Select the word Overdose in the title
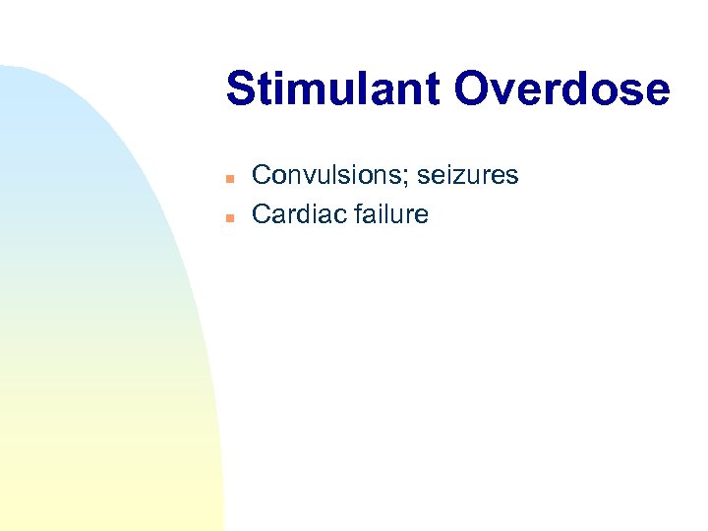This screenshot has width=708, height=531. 561,89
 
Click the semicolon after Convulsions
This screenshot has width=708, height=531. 409,178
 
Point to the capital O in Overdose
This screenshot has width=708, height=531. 473,89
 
